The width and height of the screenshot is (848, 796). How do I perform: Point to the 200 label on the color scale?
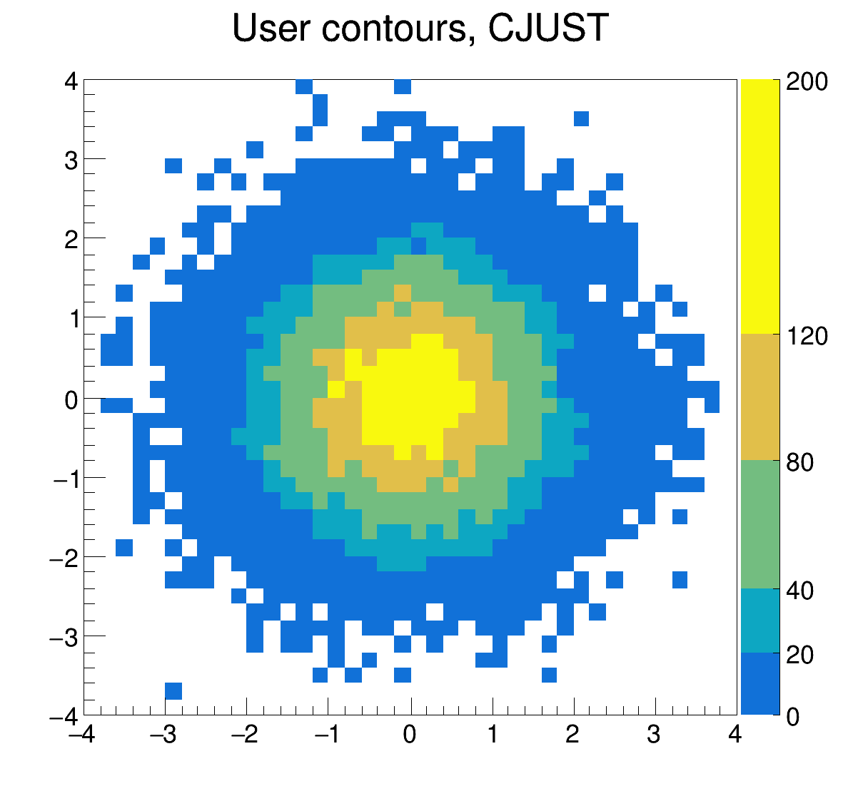(x=807, y=82)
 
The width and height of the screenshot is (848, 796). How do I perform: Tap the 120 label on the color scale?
(x=807, y=336)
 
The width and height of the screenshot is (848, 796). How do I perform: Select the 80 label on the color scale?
(x=800, y=463)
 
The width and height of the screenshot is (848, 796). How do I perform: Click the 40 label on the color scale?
(x=800, y=591)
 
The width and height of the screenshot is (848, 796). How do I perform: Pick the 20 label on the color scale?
(x=800, y=654)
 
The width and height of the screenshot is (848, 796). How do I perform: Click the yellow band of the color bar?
(x=759, y=206)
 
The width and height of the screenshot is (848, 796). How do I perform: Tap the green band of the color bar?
(x=759, y=524)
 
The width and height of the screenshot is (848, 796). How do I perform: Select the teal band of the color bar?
(x=759, y=621)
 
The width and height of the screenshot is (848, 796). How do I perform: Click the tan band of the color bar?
(x=759, y=397)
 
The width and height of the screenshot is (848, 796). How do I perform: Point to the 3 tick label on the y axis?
(x=71, y=160)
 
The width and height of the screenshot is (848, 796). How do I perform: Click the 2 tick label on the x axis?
(x=572, y=735)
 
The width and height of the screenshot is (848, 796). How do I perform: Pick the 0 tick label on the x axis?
(x=410, y=735)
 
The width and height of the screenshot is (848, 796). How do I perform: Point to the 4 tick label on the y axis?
(x=71, y=81)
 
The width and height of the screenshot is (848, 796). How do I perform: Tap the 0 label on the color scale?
(x=793, y=718)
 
